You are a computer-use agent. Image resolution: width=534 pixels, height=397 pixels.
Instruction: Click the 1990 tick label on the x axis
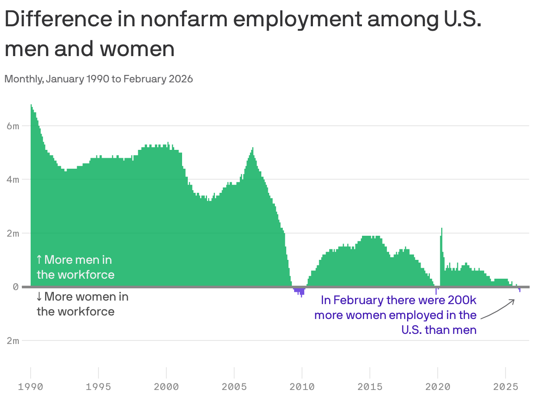point(31,387)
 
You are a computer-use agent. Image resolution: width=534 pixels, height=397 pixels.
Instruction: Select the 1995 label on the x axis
point(98,387)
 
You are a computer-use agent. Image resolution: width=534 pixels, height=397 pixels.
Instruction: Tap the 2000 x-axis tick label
point(166,387)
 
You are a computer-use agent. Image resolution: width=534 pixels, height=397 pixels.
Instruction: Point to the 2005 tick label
point(234,387)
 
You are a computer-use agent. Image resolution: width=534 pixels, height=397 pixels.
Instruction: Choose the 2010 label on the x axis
point(302,387)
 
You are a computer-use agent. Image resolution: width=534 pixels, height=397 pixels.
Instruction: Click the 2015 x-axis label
point(370,387)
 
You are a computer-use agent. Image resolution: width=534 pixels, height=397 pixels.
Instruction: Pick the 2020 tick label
point(438,387)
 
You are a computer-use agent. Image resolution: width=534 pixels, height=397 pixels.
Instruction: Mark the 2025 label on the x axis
point(506,387)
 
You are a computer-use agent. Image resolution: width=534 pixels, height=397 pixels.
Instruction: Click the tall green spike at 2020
point(442,245)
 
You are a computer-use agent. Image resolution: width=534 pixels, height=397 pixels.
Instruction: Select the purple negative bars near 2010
point(300,291)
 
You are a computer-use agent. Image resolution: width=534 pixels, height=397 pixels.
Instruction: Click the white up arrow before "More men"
point(39,260)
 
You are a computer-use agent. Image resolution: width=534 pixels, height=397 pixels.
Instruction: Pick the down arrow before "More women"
point(39,297)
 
